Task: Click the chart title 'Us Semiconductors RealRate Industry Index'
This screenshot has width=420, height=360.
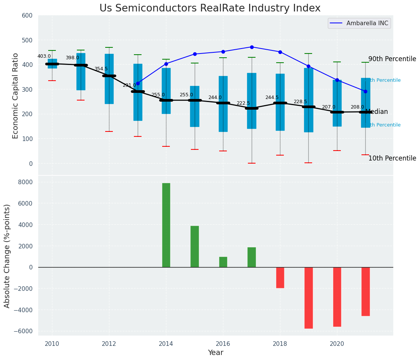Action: coord(210,8)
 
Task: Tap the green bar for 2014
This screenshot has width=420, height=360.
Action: coord(166,225)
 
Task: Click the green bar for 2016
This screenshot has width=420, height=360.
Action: coord(223,262)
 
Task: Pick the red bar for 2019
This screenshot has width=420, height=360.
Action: coord(308,298)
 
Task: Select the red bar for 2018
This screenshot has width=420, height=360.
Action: coord(280,277)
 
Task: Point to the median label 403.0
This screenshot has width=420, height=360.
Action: coord(44,56)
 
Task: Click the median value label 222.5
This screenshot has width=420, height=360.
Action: coord(243,103)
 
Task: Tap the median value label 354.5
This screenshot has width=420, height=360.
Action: coord(101,69)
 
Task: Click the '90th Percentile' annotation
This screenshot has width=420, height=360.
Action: coord(392,59)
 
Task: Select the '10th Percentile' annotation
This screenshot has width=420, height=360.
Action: coord(392,158)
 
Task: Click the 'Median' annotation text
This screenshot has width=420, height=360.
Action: coord(377,112)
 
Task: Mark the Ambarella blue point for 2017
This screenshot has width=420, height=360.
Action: coord(252,47)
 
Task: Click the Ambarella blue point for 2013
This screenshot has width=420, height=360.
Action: coord(138,83)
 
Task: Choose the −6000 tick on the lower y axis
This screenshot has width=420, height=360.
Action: coord(25,331)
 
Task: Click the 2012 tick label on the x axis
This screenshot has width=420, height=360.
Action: coord(109,344)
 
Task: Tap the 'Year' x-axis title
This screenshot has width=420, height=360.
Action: coord(215,353)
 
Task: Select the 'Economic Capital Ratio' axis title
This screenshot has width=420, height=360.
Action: coord(16,96)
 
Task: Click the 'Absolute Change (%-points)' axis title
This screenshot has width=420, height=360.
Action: coord(7,256)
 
